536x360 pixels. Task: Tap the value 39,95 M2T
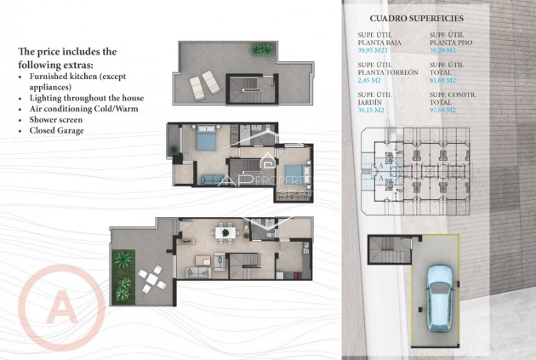[374, 50]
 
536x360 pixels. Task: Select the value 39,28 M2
[445, 50]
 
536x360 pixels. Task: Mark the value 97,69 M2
[445, 110]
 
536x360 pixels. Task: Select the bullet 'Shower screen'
[55, 120]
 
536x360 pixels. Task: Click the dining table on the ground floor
[225, 231]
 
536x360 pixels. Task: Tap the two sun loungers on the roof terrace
[203, 84]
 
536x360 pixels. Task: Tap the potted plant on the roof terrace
[256, 49]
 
